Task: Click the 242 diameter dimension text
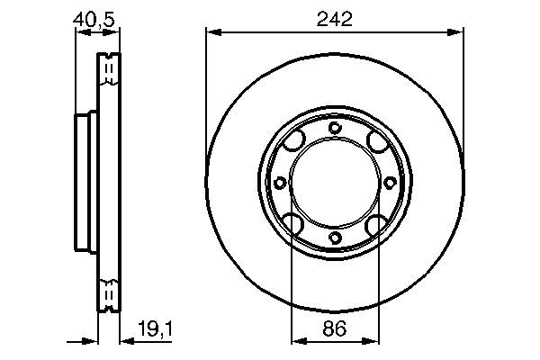tap(334, 17)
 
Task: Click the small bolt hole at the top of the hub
tap(335, 128)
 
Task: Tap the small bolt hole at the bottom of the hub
tap(335, 238)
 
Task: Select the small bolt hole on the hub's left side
tap(280, 183)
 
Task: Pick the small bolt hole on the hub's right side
tap(390, 183)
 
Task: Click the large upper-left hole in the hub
tap(293, 142)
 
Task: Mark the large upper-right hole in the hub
tap(375, 142)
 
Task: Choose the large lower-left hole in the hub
tap(293, 223)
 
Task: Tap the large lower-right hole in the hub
tap(375, 223)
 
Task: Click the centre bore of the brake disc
tap(335, 183)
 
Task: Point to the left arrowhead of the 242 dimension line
tap(211, 32)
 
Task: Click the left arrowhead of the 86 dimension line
tap(296, 341)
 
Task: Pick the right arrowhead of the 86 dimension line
tap(373, 341)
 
